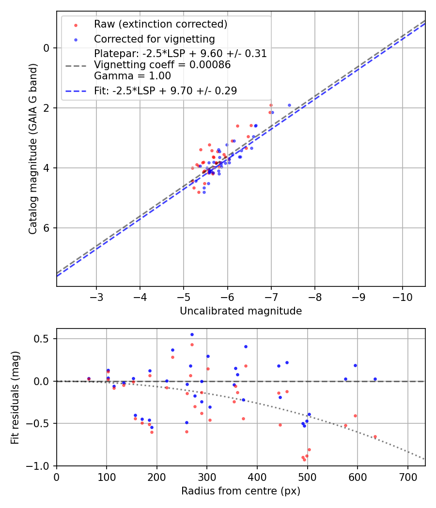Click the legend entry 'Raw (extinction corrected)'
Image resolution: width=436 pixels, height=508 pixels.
[x=160, y=24]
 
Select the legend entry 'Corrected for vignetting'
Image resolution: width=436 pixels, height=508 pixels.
[x=154, y=39]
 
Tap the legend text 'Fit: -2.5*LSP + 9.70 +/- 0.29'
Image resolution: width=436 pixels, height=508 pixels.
[x=165, y=90]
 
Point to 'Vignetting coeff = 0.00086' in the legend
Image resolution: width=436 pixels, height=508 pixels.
[x=162, y=65]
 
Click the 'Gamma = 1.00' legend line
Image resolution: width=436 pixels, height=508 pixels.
[x=132, y=76]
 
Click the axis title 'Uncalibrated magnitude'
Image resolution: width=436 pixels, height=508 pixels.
[x=241, y=311]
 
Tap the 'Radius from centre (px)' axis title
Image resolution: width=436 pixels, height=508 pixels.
[x=241, y=491]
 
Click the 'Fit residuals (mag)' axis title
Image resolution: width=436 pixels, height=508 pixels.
[x=15, y=397]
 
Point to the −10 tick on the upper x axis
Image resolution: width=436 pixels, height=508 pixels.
[x=402, y=296]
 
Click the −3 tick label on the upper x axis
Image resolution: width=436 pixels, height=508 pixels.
[x=96, y=296]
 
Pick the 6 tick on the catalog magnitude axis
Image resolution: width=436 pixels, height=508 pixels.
[x=47, y=228]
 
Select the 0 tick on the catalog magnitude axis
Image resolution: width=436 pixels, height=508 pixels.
[x=47, y=48]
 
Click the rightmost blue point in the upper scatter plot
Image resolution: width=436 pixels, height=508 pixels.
[x=289, y=105]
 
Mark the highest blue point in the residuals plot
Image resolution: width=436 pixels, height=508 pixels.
[x=192, y=334]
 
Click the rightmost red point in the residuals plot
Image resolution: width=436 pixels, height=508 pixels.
[x=375, y=436]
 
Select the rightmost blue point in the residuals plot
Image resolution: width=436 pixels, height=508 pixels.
[x=375, y=379]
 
